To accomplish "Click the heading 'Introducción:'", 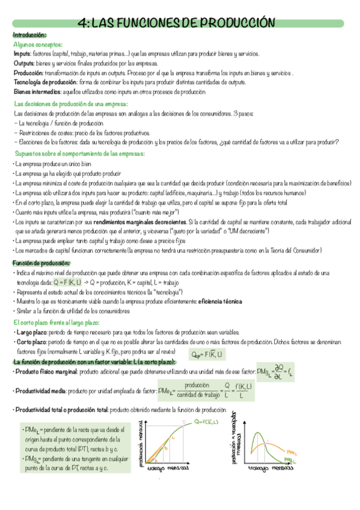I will click(29, 35).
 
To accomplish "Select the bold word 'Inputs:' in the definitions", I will click(22, 54).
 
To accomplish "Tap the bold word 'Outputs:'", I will click(25, 63).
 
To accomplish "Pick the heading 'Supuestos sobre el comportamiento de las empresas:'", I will click(79, 154).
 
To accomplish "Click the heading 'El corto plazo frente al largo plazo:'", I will click(60, 323).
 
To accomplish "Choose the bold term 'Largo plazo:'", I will click(34, 332).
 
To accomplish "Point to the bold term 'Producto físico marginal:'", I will click(47, 372).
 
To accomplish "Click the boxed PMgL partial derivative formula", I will click(274, 372).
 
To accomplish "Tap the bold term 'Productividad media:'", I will click(42, 392).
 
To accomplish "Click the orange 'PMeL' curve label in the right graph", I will click(292, 449).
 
